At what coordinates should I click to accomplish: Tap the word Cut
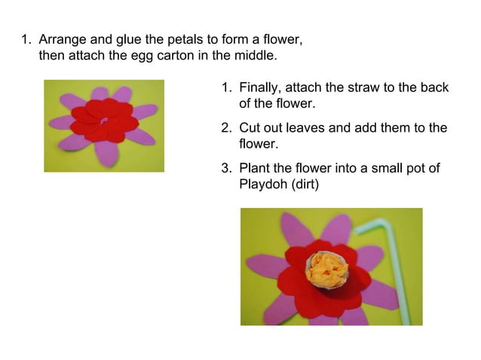250,128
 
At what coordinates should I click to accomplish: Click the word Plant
254,168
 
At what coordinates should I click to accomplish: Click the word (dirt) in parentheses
305,184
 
